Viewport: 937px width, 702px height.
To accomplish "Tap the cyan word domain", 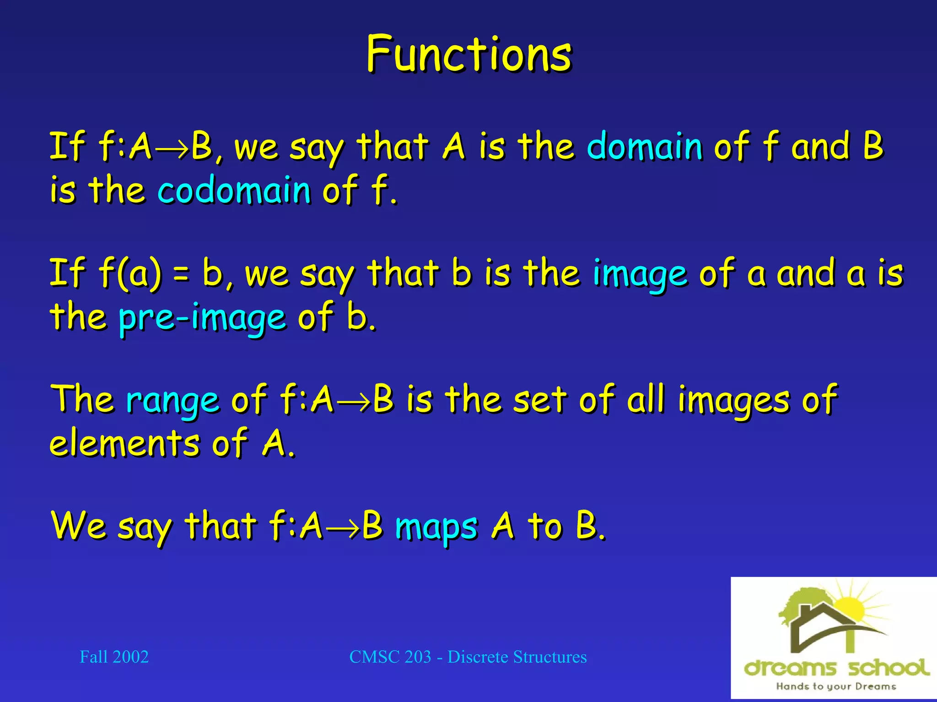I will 644,146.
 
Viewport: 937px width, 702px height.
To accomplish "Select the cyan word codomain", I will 234,190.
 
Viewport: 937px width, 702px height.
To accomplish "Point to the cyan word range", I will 172,400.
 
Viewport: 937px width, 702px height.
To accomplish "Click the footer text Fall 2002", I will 114,657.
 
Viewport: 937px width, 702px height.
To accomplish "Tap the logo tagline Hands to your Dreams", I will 836,686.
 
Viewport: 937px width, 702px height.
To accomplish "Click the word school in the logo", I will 888,668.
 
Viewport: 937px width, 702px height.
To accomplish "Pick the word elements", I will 125,443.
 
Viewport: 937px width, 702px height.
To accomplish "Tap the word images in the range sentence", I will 733,400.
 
